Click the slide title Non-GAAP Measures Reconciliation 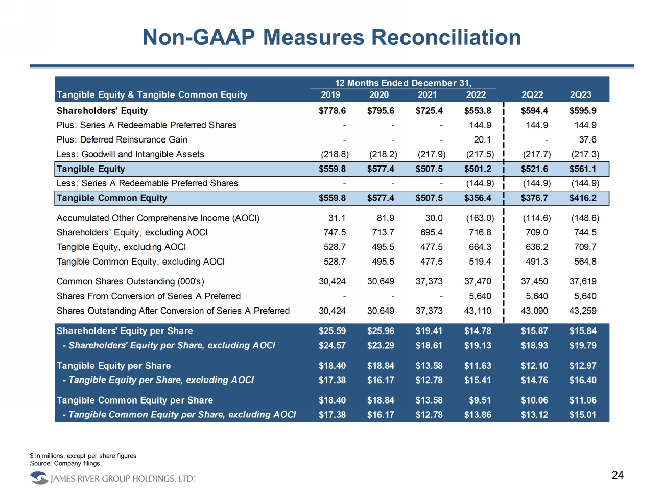click(331, 37)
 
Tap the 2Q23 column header click(580, 95)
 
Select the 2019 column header click(330, 95)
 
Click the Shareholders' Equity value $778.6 click(332, 111)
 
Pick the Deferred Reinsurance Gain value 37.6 click(587, 139)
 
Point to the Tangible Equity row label click(91, 169)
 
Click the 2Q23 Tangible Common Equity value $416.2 click(583, 198)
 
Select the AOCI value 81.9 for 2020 click(386, 218)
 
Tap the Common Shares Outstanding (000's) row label click(130, 281)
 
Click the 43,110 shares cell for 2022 click(478, 311)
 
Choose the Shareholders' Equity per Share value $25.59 click(332, 331)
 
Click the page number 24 click(618, 476)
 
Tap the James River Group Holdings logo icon click(39, 478)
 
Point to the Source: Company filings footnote click(66, 463)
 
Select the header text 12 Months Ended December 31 click(403, 83)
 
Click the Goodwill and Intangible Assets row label click(130, 154)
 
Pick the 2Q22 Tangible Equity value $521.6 click(534, 169)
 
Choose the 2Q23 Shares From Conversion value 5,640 click(585, 296)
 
